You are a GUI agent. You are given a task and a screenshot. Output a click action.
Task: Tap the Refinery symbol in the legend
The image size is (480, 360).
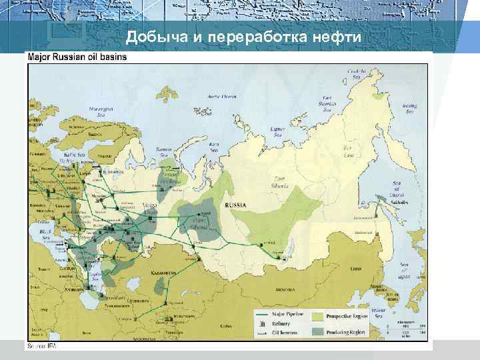click(x=261, y=323)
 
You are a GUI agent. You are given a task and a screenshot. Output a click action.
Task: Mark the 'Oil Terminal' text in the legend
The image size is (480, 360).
click(x=285, y=331)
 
